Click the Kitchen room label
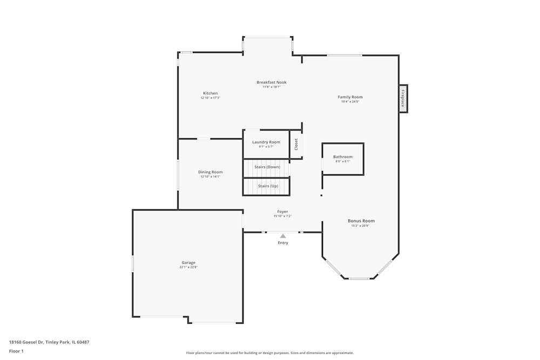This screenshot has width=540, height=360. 210,93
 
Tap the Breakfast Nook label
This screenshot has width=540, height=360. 271,83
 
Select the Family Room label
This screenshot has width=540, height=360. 350,97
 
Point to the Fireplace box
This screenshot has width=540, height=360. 403,99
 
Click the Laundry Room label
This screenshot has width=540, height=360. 266,142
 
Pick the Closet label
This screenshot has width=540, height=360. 296,144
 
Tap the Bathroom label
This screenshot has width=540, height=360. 342,157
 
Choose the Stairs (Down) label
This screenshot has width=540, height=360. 267,167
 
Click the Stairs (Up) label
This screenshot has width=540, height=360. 268,186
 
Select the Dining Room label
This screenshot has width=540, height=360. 210,172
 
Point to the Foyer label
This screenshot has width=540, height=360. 282,212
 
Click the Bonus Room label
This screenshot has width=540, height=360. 361,221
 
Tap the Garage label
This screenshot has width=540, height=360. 188,263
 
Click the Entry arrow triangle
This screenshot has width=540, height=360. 283,236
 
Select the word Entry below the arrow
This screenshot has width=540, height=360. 283,243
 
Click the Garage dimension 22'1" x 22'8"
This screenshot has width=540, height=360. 188,267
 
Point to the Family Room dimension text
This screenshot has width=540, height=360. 350,101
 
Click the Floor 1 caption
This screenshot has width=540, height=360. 16,351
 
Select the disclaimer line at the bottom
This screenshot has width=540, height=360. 270,353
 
